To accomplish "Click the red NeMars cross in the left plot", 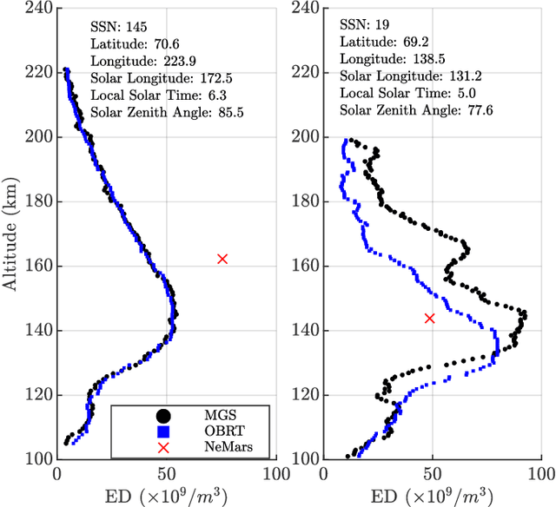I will click(x=222, y=259).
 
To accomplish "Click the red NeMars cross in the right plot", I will click(x=429, y=319).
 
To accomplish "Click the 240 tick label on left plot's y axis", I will click(x=37, y=9).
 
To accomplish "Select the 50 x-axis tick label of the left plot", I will click(x=166, y=474).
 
